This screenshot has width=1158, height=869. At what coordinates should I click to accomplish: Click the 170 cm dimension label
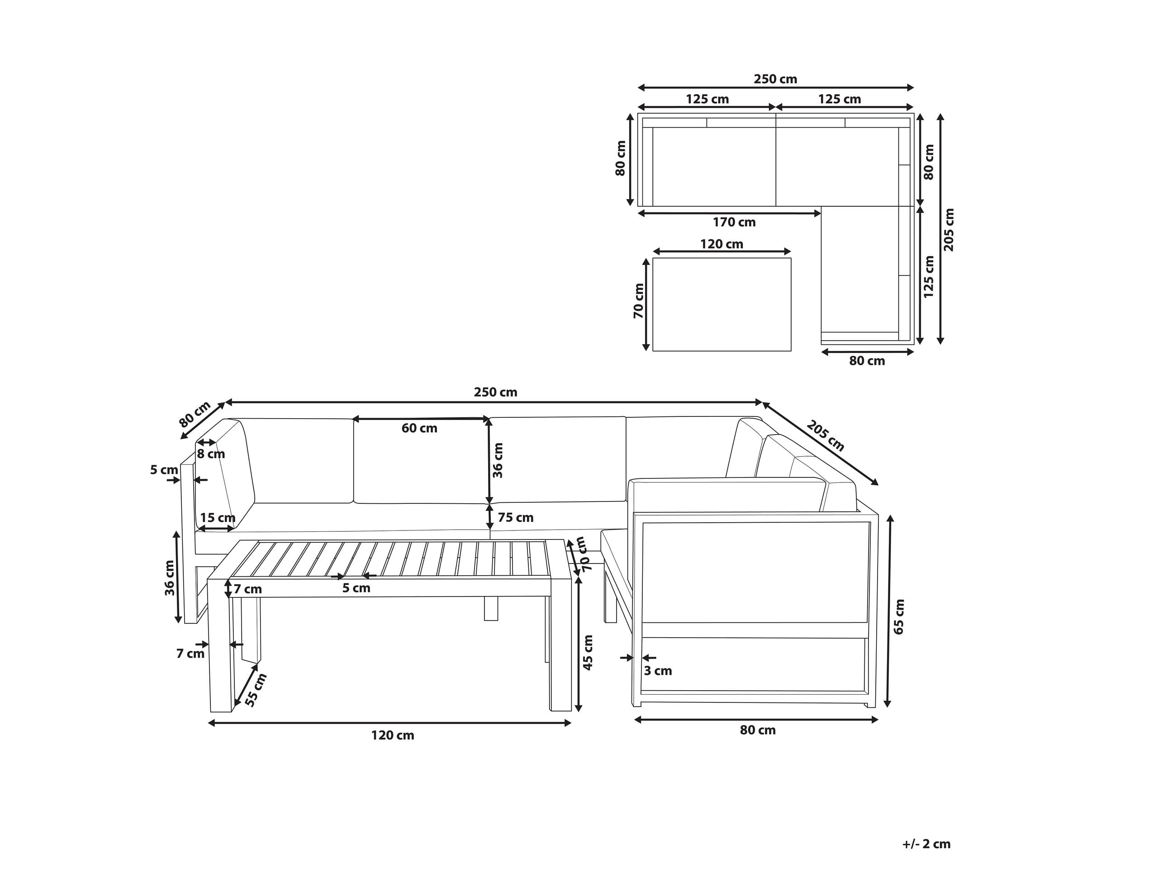tap(734, 222)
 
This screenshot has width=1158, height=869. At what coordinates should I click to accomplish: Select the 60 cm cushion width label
tap(419, 428)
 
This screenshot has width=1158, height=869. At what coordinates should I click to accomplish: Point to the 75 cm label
tap(515, 517)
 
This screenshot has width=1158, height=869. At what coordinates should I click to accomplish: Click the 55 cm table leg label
tap(256, 690)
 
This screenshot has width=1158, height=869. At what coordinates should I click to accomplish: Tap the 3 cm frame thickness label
tap(658, 670)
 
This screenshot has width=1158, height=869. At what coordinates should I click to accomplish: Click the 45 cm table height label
tap(588, 652)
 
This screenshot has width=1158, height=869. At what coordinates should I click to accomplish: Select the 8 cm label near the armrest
tap(210, 454)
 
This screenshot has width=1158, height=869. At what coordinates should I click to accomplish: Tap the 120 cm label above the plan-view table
tap(721, 244)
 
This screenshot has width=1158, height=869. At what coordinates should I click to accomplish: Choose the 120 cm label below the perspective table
tap(392, 735)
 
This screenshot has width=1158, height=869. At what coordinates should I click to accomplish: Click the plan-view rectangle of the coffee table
tap(721, 304)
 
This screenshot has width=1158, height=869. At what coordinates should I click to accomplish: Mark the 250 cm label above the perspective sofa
tap(495, 392)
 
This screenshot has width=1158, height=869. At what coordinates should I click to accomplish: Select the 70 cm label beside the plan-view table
tap(639, 301)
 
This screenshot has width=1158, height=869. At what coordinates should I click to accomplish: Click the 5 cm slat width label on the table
tap(356, 588)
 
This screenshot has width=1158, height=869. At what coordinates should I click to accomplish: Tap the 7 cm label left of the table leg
tap(190, 654)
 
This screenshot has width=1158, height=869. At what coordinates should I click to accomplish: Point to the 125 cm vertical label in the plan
tap(929, 277)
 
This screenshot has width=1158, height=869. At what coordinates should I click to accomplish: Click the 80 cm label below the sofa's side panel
tap(758, 730)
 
